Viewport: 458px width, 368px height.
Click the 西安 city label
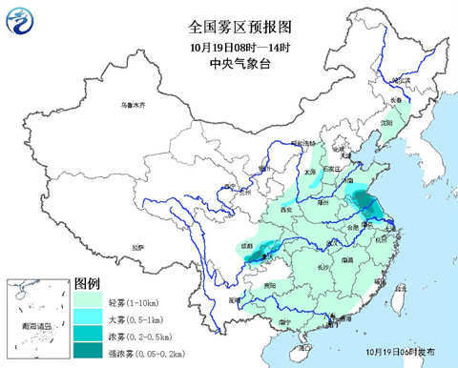point(284,209)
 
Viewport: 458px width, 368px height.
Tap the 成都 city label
point(248,246)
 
